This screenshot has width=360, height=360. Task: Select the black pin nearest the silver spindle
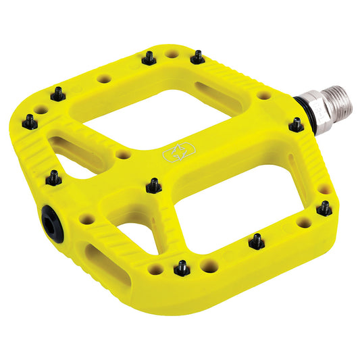point(296,125)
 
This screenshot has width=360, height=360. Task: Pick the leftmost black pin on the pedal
point(30,122)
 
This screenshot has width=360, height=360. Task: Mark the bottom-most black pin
point(181,269)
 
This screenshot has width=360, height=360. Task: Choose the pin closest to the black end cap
point(53,178)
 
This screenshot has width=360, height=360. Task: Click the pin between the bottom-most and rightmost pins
point(256,240)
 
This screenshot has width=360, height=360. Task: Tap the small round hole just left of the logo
point(122,154)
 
